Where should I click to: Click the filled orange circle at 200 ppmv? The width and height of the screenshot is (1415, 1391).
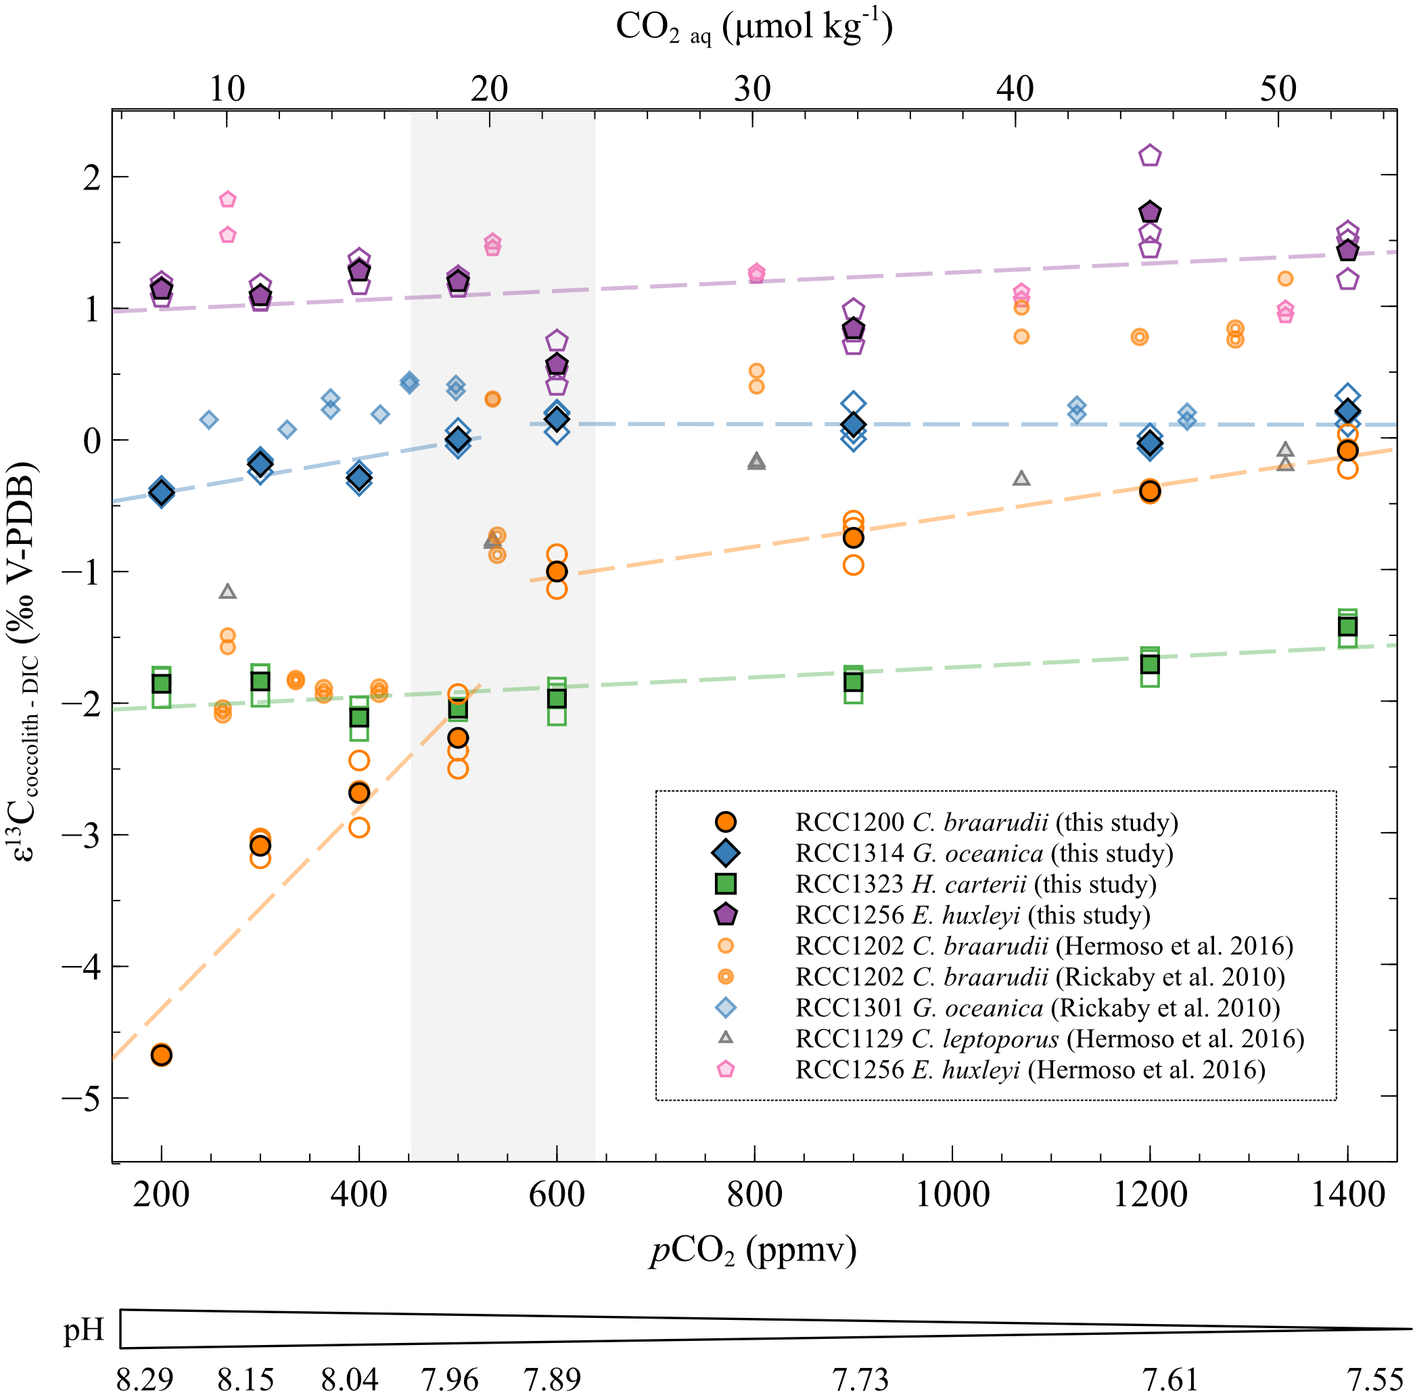(162, 1055)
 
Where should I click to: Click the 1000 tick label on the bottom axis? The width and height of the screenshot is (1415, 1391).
(952, 1195)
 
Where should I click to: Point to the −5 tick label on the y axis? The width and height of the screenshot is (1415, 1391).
(81, 1098)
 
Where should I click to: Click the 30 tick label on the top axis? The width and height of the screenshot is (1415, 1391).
(752, 89)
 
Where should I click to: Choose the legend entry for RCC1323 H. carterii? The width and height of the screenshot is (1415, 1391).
(975, 884)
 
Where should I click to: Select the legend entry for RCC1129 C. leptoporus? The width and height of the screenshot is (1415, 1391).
(1049, 1038)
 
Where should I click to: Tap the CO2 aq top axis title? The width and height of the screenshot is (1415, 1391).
(754, 28)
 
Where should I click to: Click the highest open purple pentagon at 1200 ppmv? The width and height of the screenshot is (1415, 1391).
(1150, 156)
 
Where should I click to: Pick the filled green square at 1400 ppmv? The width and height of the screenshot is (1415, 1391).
(1347, 626)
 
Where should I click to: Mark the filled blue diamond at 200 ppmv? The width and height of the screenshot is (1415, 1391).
(162, 492)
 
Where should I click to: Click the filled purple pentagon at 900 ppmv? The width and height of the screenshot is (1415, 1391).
(853, 329)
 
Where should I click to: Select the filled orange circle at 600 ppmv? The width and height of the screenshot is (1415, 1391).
(557, 571)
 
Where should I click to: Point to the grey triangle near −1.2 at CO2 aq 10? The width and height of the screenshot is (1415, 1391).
(228, 591)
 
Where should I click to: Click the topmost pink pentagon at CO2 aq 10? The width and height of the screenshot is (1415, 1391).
(228, 199)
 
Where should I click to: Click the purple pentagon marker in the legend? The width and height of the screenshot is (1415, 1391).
(725, 915)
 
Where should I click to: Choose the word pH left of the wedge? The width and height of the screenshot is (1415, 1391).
(84, 1329)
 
